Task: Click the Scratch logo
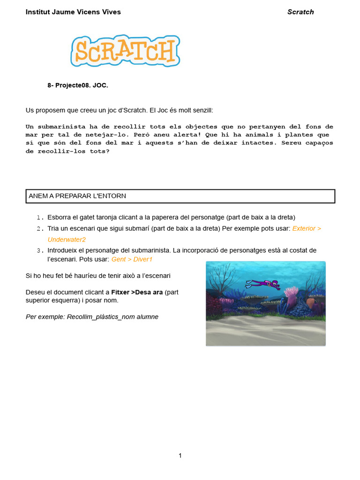(x=126, y=51)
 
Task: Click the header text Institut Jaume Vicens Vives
(x=73, y=12)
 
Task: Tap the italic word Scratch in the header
(x=300, y=12)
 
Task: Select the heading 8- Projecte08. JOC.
(x=78, y=85)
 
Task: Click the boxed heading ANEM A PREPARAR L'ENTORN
(x=77, y=196)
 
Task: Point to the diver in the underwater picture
(x=263, y=284)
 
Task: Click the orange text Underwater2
(x=67, y=240)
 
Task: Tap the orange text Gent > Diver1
(x=132, y=259)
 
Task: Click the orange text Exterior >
(x=307, y=228)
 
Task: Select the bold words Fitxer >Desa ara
(x=137, y=292)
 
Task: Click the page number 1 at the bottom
(x=180, y=455)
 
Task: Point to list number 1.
(x=40, y=217)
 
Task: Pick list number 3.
(x=40, y=251)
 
